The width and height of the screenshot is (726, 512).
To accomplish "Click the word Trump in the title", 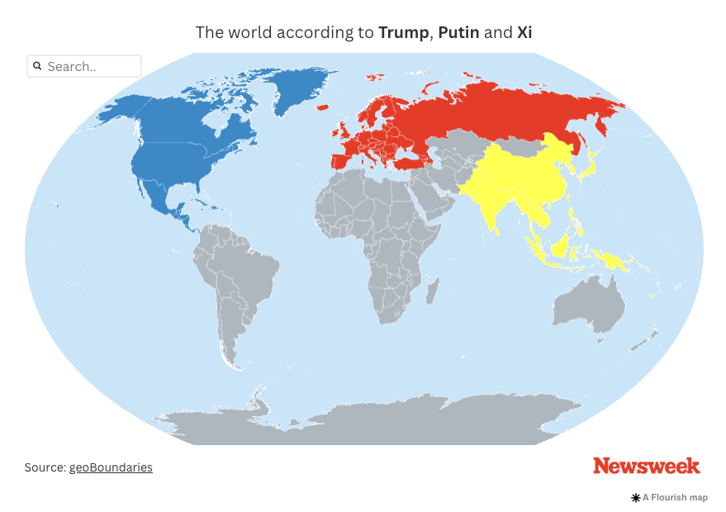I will [x=403, y=33].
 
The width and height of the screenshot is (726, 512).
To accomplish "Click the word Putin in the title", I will [x=458, y=33].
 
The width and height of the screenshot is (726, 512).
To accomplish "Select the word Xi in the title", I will [x=524, y=33].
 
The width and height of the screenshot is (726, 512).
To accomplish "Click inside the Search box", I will [x=91, y=66].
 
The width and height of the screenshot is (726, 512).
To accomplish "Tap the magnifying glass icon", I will [x=37, y=66].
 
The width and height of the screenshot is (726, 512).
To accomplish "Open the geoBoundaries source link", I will [x=111, y=467].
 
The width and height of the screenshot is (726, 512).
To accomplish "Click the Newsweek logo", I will [x=646, y=466].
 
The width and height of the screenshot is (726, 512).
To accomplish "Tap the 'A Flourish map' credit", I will [x=670, y=498].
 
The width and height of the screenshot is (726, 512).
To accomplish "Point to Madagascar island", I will [x=431, y=291].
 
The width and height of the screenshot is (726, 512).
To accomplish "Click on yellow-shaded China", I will [x=520, y=178].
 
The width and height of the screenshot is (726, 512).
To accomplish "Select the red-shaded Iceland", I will [x=323, y=108].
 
